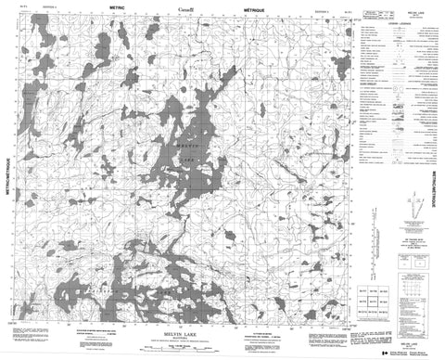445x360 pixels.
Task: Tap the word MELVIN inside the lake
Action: (x=186, y=141)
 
